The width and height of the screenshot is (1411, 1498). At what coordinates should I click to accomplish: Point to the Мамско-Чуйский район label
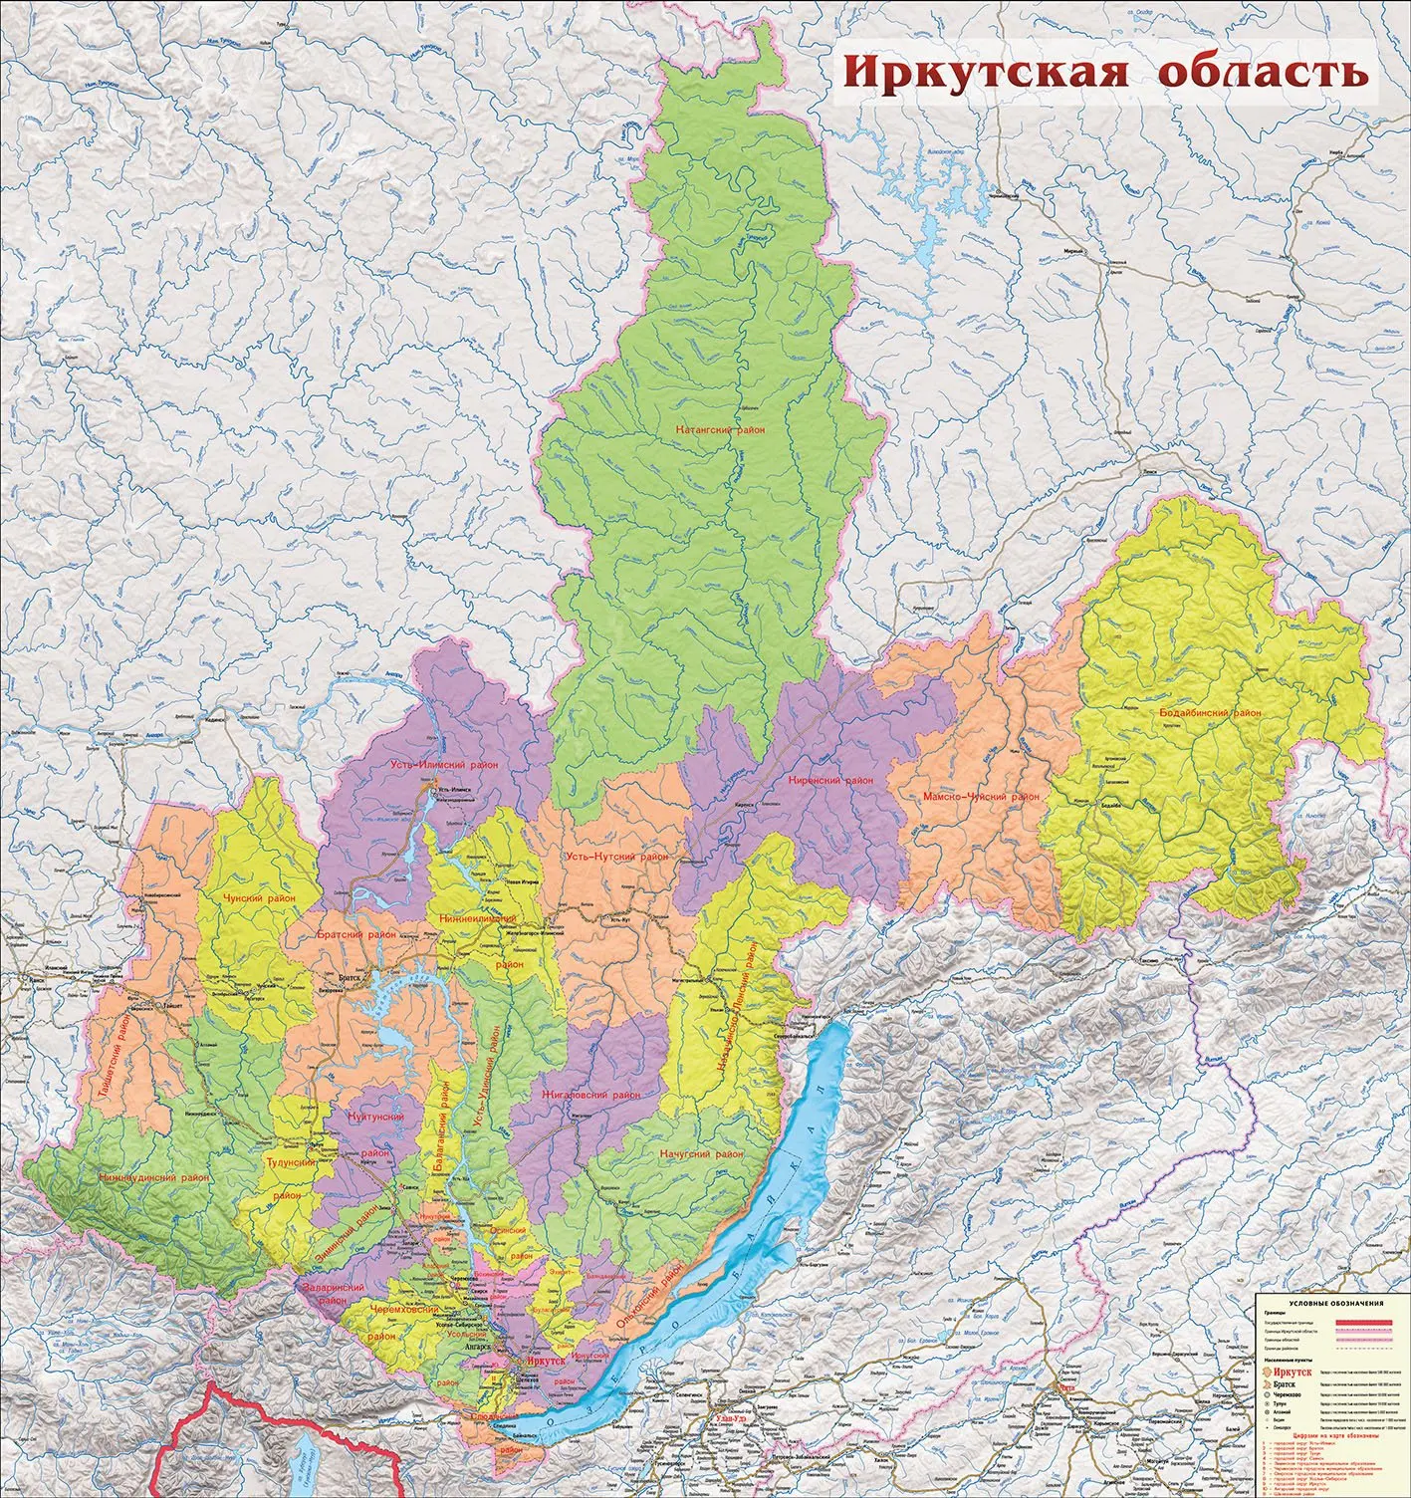[x=981, y=797]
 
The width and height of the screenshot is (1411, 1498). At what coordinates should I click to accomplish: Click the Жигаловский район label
[x=590, y=1095]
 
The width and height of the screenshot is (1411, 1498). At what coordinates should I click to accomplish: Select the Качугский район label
[x=702, y=1153]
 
